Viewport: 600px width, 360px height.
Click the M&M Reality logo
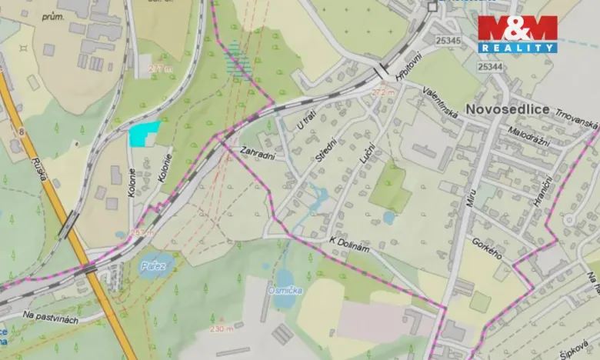pyautogui.click(x=517, y=34)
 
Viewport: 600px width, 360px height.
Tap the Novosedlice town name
pyautogui.click(x=507, y=108)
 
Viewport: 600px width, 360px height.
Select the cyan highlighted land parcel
pyautogui.click(x=143, y=133)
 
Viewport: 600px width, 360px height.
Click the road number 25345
pyautogui.click(x=448, y=40)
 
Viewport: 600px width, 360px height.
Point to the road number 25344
pyautogui.click(x=491, y=67)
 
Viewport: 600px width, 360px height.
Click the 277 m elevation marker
pyautogui.click(x=162, y=68)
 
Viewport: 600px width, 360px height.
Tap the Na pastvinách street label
pyautogui.click(x=50, y=317)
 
